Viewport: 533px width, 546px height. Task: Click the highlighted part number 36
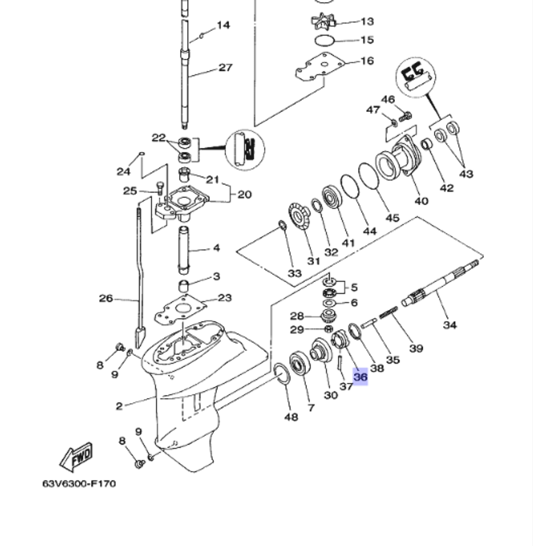click(361, 377)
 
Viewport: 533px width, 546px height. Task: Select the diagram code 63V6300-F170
click(79, 484)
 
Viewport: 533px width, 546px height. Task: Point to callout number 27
click(225, 68)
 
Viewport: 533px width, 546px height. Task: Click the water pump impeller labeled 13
click(324, 22)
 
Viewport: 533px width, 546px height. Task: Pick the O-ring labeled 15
click(324, 40)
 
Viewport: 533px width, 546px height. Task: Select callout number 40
click(421, 201)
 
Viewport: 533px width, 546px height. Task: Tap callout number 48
click(291, 416)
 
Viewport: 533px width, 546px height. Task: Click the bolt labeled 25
click(159, 188)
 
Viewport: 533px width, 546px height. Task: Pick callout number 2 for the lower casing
click(119, 406)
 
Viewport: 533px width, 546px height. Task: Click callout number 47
click(373, 110)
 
